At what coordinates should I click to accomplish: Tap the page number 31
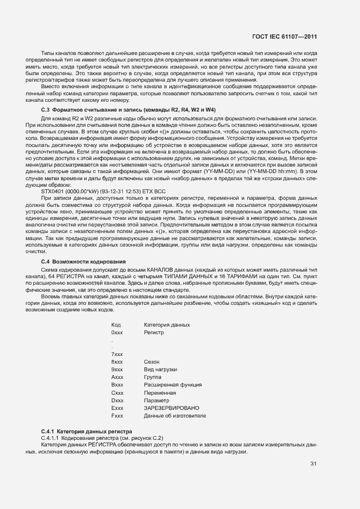(x=313, y=464)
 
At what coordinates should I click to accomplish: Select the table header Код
(x=115, y=325)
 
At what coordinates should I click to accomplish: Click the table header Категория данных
(x=167, y=325)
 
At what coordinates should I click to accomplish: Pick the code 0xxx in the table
(x=117, y=332)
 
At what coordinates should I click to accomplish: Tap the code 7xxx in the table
(x=117, y=354)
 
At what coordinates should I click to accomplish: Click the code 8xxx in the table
(x=117, y=361)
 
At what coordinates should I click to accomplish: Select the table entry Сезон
(x=151, y=361)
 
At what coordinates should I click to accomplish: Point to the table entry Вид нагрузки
(x=160, y=369)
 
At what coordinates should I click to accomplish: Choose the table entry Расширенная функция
(x=173, y=385)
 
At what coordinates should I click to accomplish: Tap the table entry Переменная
(x=160, y=393)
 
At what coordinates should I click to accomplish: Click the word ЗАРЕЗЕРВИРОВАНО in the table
(x=172, y=408)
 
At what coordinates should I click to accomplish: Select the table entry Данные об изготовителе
(x=175, y=416)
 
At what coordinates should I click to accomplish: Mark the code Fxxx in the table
(x=117, y=416)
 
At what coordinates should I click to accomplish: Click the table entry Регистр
(x=154, y=332)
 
